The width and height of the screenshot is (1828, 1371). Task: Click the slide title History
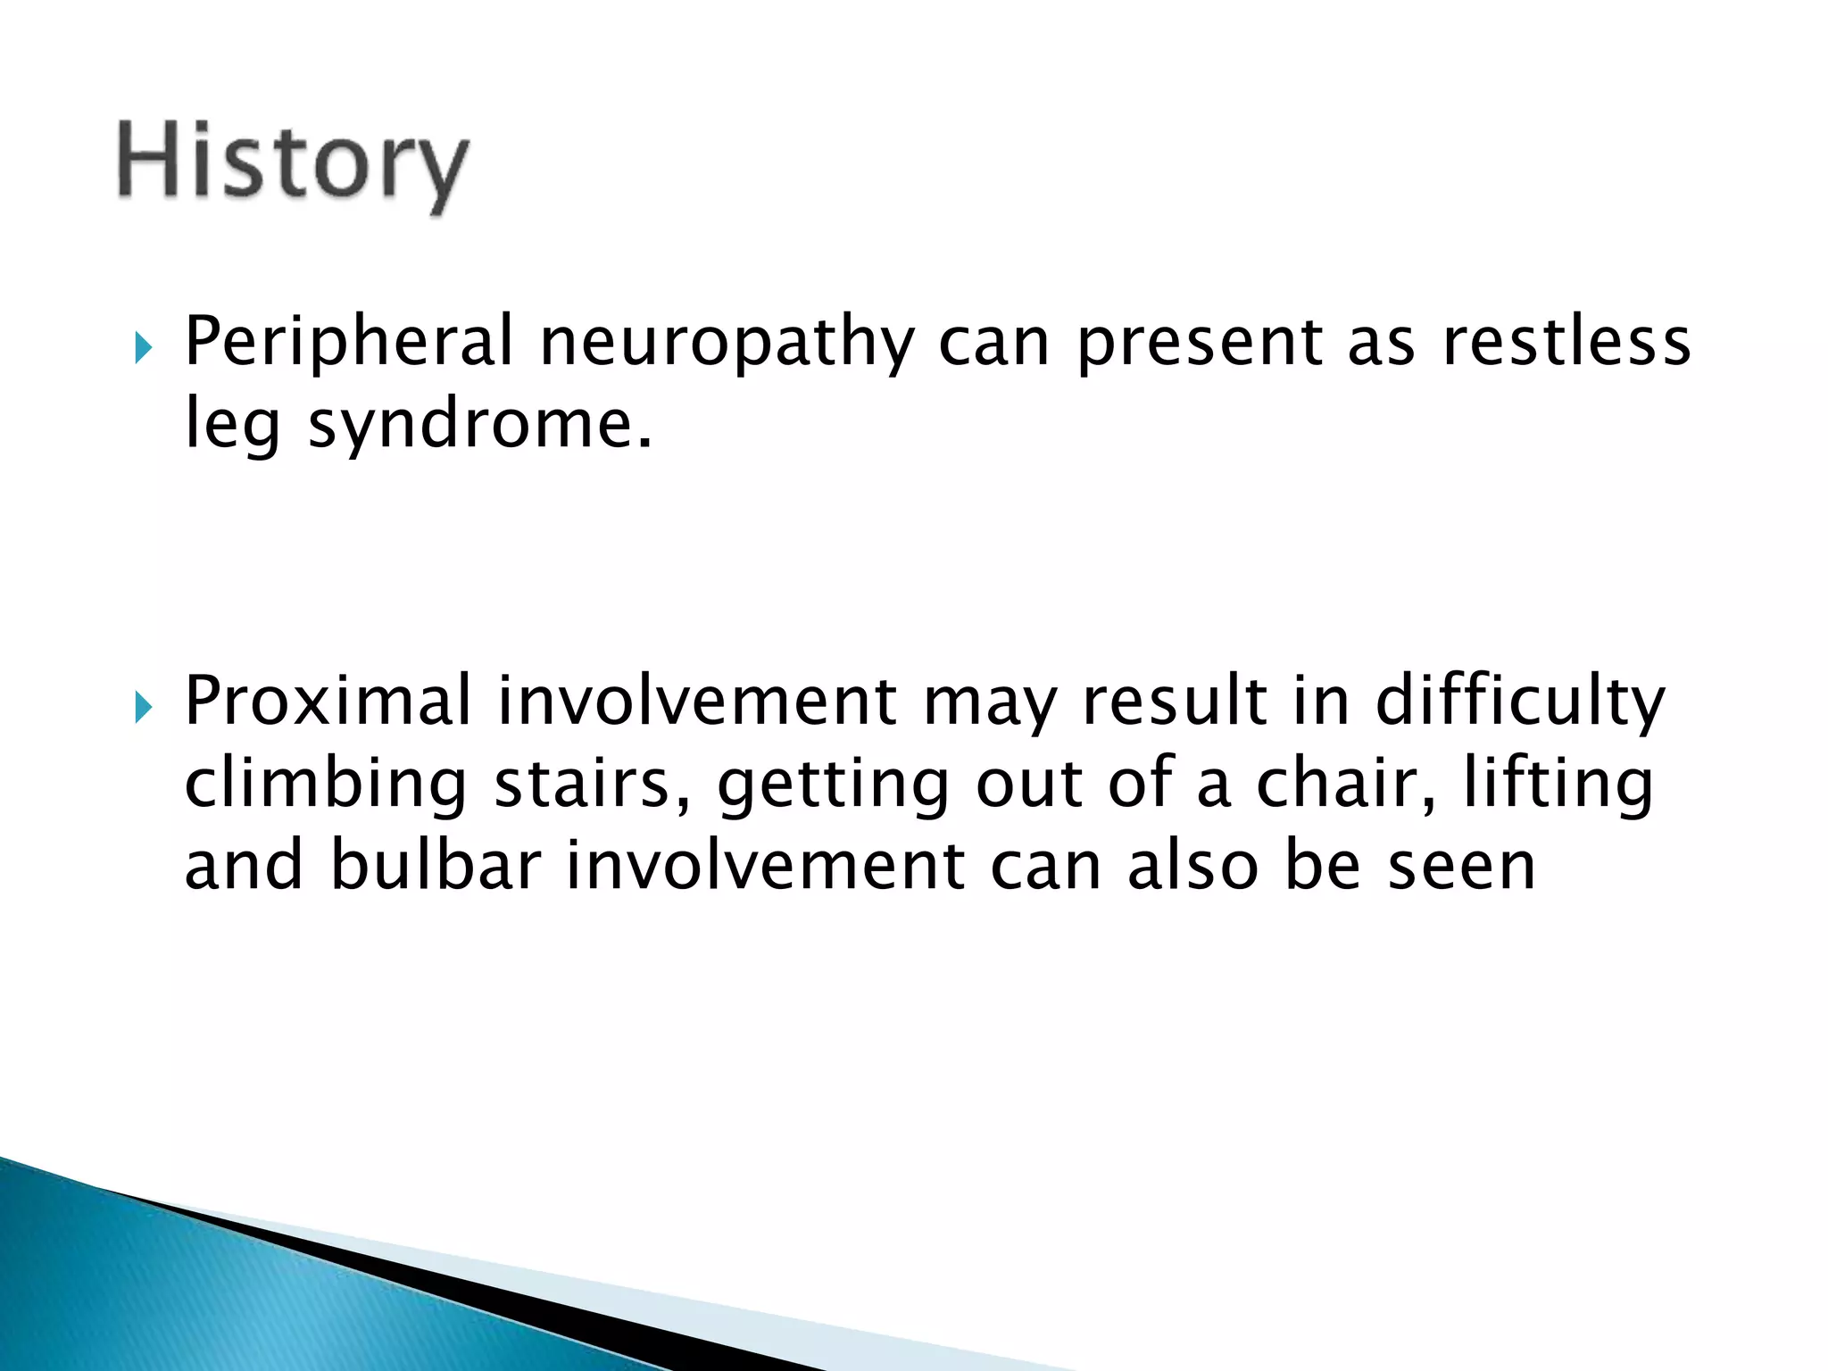[x=292, y=165]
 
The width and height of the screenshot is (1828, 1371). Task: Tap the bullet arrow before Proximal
[x=143, y=709]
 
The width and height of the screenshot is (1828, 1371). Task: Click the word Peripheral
[x=349, y=342]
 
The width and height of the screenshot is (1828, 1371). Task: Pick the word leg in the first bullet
[x=232, y=427]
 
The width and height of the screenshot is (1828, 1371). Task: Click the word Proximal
[x=328, y=702]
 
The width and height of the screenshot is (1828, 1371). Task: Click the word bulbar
[x=436, y=865]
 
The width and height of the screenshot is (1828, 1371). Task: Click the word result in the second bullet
[x=1175, y=702]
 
